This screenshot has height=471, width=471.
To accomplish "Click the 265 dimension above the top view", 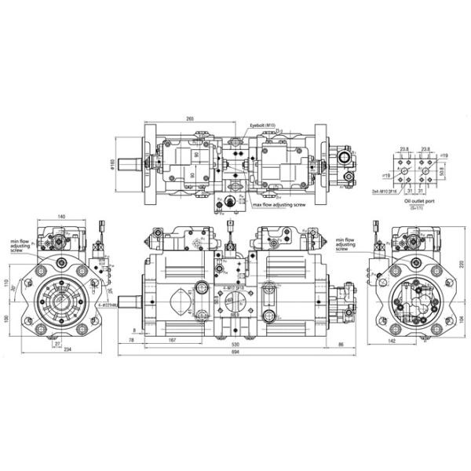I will [x=191, y=118].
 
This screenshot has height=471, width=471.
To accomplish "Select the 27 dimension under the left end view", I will [x=57, y=342].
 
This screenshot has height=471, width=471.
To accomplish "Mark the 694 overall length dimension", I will [x=234, y=352].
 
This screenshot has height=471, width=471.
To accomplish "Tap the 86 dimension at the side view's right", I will [x=341, y=344].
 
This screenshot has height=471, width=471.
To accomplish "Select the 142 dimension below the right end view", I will [x=414, y=342].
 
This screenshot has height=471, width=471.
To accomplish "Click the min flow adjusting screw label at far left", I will [x=20, y=248].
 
